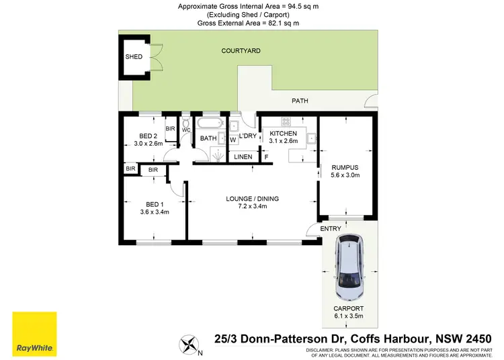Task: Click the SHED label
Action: (134, 56)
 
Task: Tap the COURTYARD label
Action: (241, 50)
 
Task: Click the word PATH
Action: (300, 101)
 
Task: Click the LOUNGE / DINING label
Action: (251, 198)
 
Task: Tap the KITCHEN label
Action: (283, 134)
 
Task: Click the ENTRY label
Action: (331, 229)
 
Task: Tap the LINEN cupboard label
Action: (243, 157)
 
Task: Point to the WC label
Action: (186, 129)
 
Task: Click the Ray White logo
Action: (34, 334)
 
